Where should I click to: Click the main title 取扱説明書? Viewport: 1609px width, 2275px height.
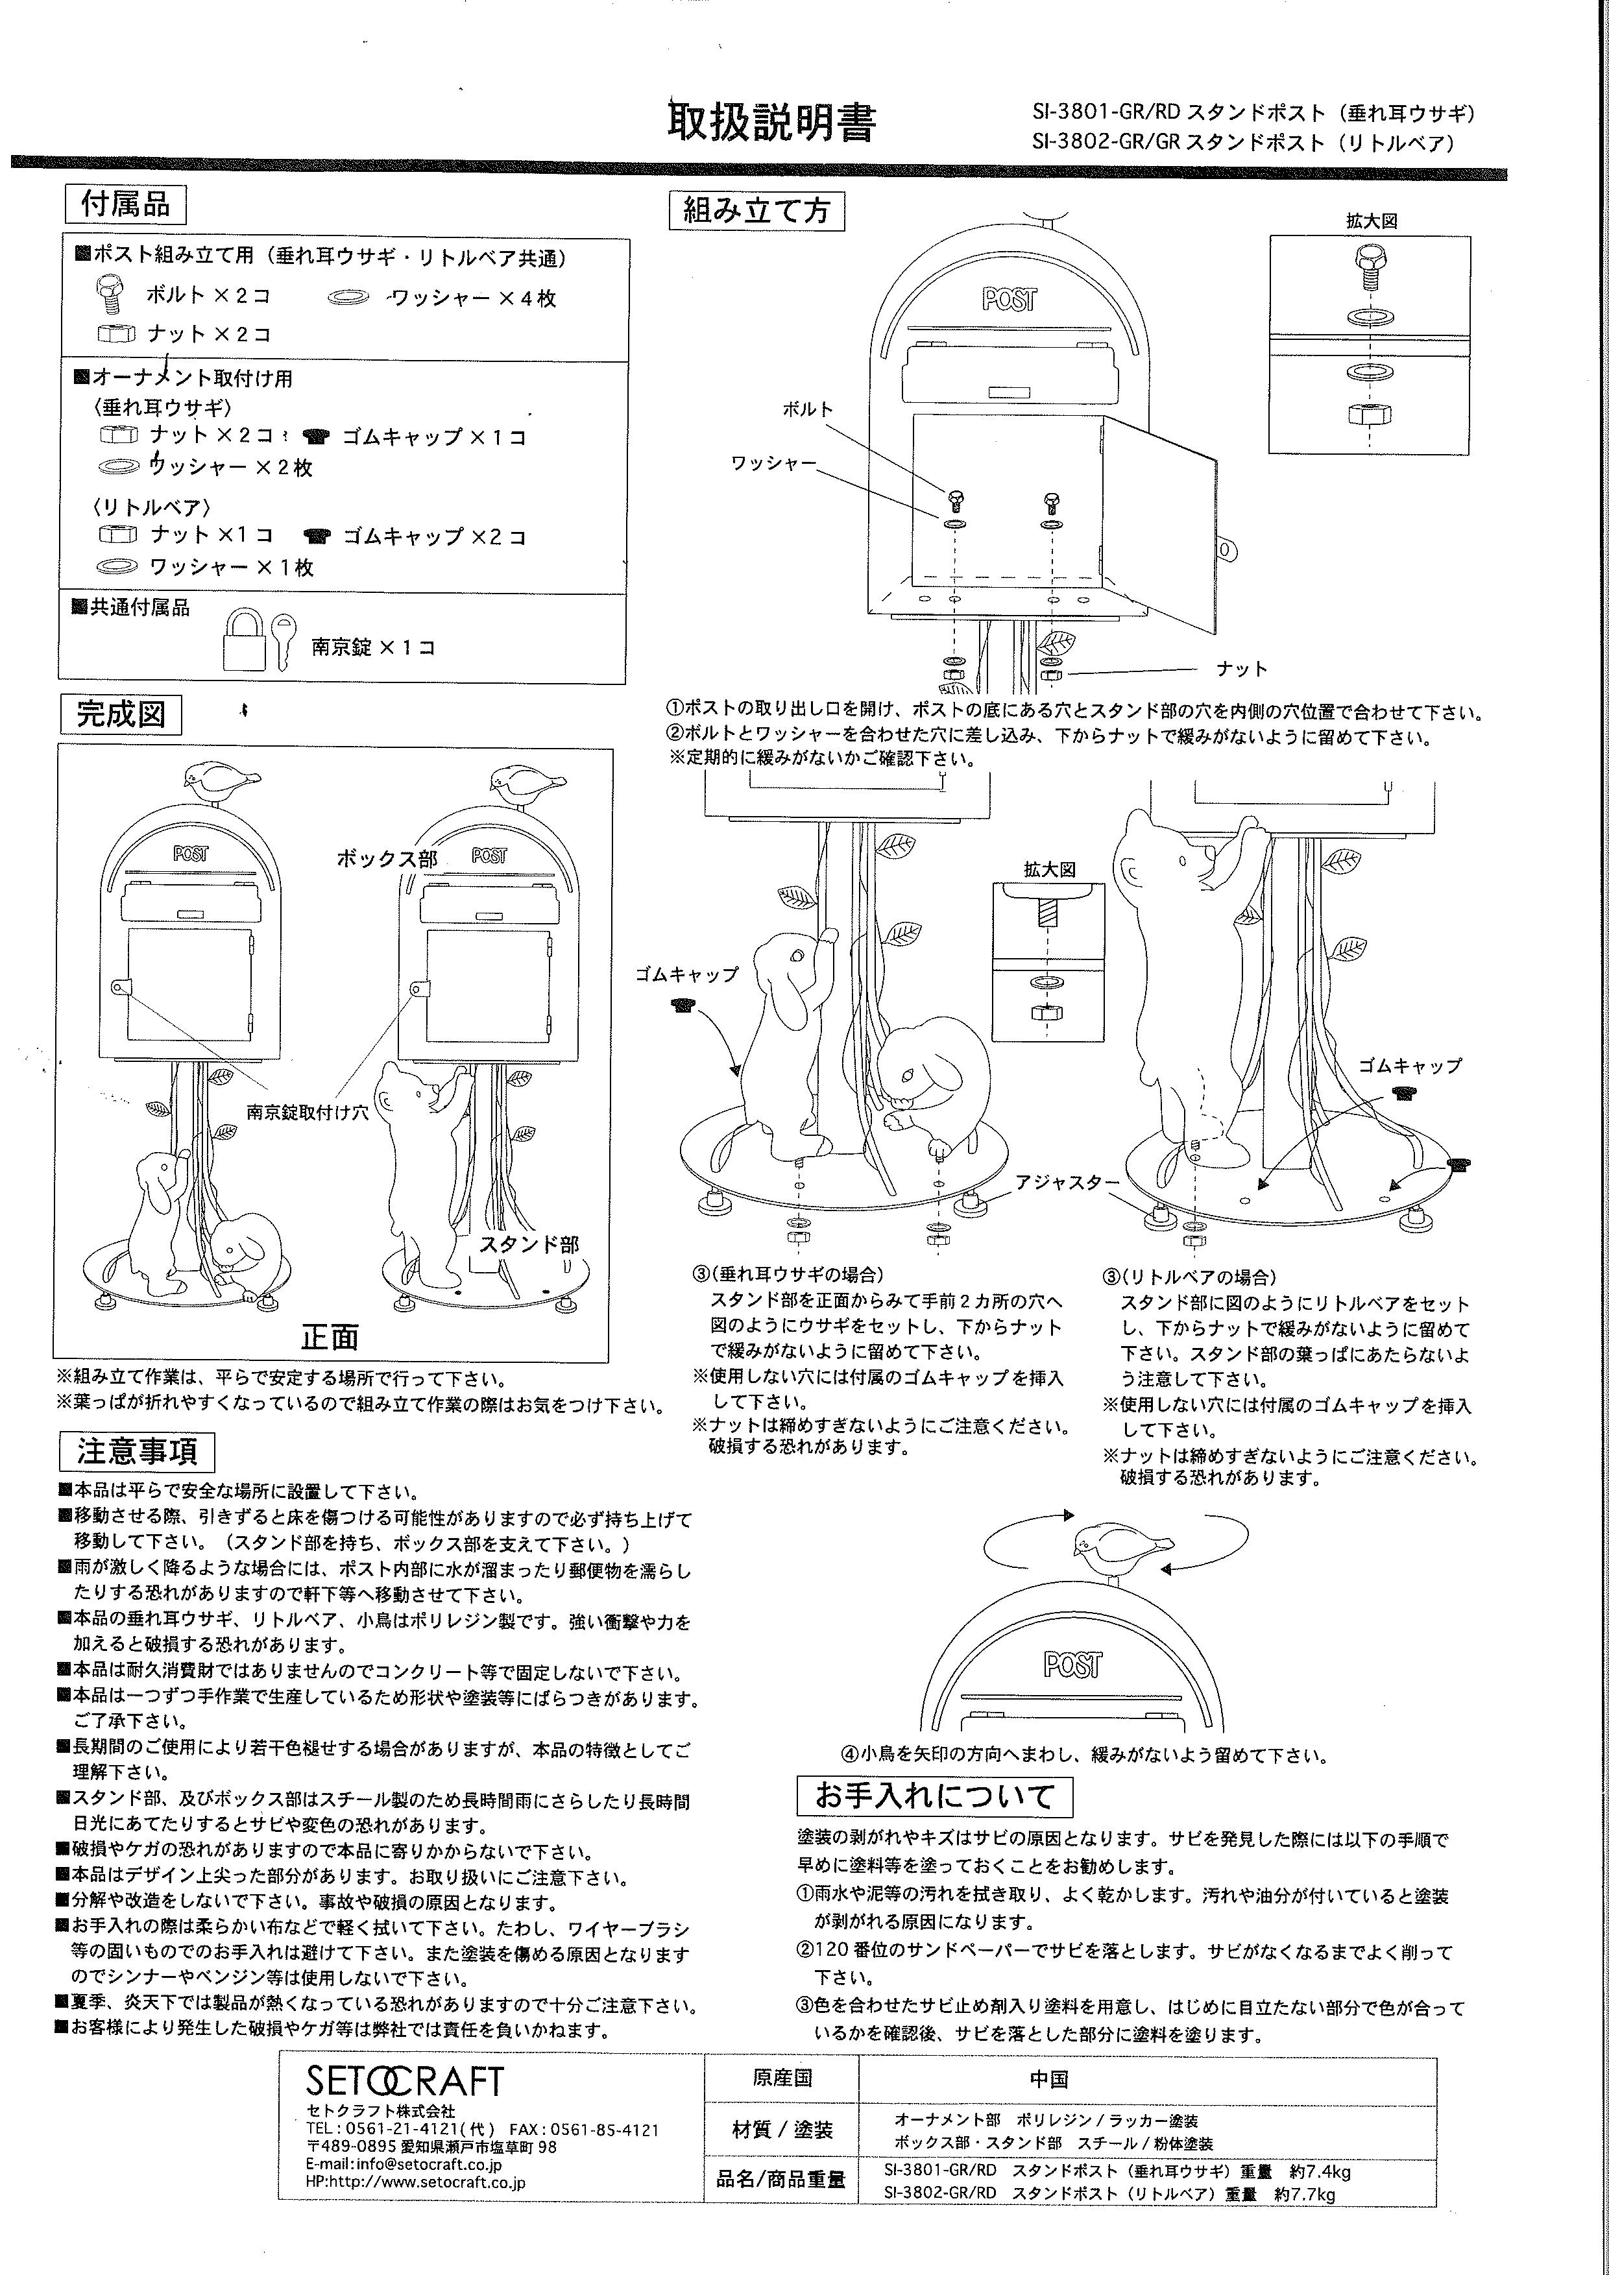[x=771, y=123]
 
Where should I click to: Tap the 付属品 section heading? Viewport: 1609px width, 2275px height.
[x=125, y=204]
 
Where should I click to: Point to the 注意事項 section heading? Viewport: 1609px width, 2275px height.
[x=137, y=1452]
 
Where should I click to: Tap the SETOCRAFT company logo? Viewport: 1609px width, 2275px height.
[x=404, y=2082]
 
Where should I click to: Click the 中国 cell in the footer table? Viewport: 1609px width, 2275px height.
[x=1048, y=2079]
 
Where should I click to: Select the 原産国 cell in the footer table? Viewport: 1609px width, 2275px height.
[x=782, y=2078]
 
